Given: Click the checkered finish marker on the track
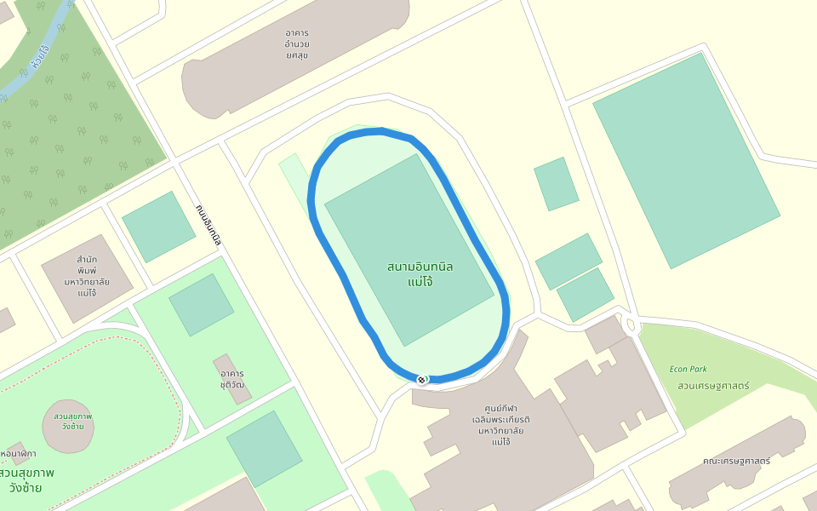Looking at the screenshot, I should click(x=421, y=379).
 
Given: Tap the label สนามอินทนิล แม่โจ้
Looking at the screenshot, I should click(x=420, y=273).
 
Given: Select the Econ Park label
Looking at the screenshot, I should click(x=688, y=369).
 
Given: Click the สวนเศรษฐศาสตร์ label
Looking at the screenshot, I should click(x=713, y=386).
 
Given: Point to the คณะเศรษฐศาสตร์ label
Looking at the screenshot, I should click(x=736, y=461).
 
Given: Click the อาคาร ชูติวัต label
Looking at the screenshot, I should click(x=232, y=379).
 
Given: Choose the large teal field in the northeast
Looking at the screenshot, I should click(x=685, y=160).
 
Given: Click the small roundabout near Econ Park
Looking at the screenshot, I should click(x=630, y=324).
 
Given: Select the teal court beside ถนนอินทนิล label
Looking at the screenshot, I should click(x=158, y=226).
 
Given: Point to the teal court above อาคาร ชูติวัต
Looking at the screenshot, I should click(x=201, y=304).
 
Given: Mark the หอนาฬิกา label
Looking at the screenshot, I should click(x=19, y=453).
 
